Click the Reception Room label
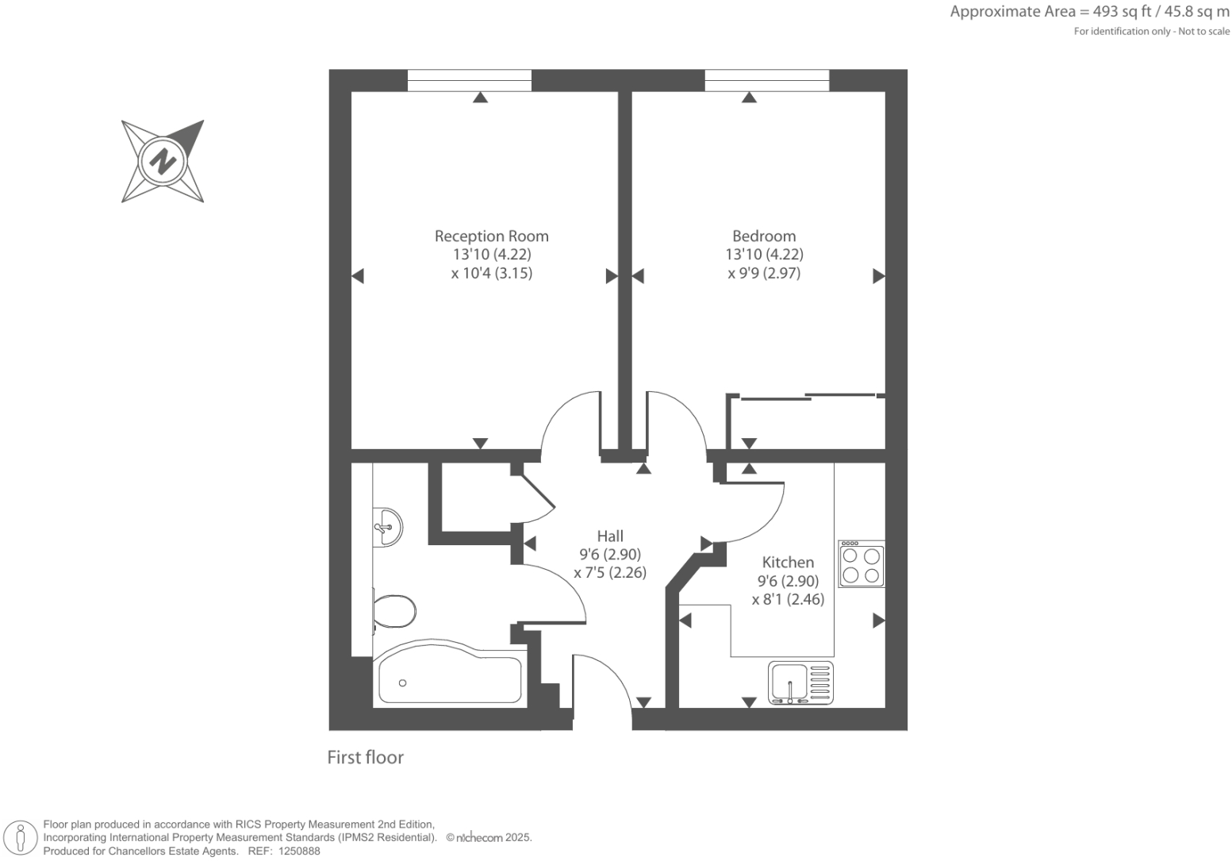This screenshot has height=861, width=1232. (491, 236)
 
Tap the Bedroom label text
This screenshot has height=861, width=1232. (764, 236)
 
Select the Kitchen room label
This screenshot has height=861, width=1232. (788, 562)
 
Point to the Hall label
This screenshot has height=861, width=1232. (610, 536)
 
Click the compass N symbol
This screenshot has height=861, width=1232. (163, 161)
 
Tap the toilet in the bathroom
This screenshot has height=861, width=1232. (394, 611)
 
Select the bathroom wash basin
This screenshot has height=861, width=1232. (387, 526)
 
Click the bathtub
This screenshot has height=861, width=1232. (450, 680)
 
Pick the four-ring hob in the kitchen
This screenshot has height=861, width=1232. (862, 564)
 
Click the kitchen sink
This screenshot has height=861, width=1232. (801, 683)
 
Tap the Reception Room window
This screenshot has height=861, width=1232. (470, 80)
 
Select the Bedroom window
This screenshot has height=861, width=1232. (766, 80)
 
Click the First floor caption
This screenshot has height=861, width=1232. (365, 757)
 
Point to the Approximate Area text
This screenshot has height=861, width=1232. (1089, 12)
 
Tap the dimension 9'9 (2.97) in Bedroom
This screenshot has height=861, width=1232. (764, 273)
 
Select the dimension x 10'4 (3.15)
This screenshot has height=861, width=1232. (491, 273)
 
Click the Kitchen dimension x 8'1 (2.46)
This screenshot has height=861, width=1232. (788, 599)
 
